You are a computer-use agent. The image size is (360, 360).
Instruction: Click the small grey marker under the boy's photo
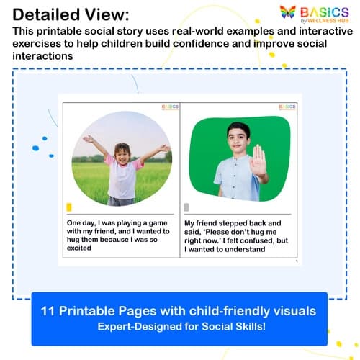[x=186, y=207]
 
